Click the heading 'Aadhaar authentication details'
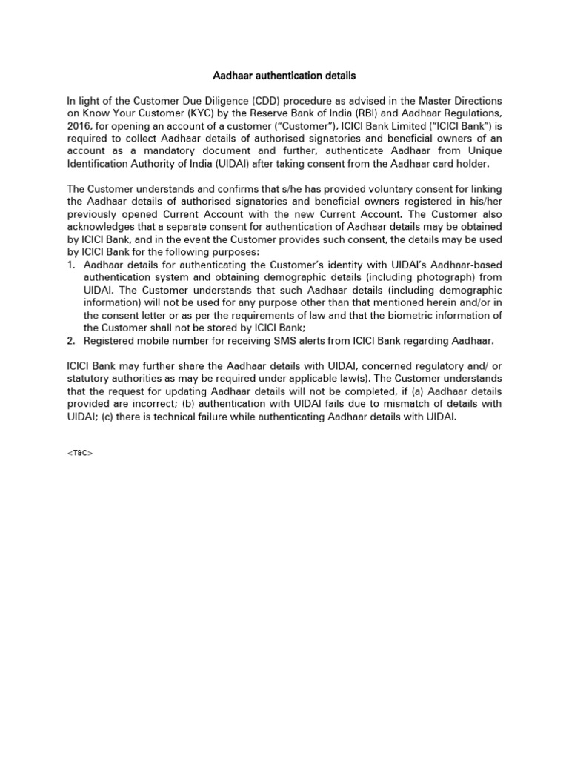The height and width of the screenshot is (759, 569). point(284,76)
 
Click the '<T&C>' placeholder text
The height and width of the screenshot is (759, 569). point(80,451)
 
